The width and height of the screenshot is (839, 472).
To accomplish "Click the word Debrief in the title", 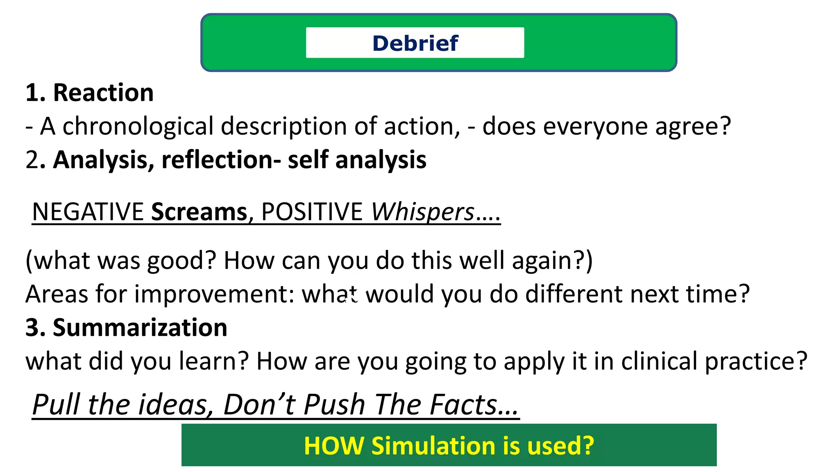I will (415, 43).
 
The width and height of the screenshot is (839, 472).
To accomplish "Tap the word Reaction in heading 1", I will (103, 93).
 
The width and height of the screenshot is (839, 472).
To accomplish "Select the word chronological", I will (138, 126).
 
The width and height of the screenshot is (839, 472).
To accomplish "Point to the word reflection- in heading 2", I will (221, 160).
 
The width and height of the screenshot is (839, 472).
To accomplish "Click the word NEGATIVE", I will (88, 212).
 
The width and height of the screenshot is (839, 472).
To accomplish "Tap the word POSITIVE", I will (312, 212).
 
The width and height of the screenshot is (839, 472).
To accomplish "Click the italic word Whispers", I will (422, 212).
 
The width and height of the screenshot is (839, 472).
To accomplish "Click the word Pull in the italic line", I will (56, 405).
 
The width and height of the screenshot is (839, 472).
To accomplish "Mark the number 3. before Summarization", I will (35, 328).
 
